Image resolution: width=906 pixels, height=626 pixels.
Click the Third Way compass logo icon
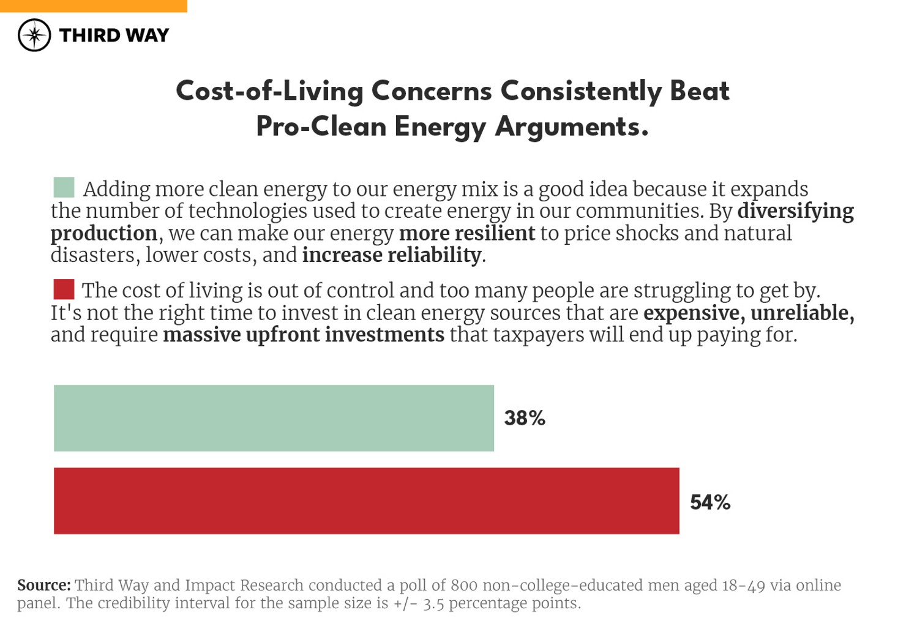[34, 35]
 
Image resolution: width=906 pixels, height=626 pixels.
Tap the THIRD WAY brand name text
[114, 35]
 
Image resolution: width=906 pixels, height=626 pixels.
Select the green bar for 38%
[274, 418]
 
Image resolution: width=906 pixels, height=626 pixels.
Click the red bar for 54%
[366, 501]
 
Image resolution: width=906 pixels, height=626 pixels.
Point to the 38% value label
[525, 418]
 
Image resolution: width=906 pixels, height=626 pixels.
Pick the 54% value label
[710, 502]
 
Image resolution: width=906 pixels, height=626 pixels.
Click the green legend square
[64, 187]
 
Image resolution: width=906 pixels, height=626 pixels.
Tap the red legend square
[64, 289]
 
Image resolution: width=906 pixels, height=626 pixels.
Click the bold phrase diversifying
[795, 211]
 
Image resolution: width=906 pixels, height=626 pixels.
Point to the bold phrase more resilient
[466, 233]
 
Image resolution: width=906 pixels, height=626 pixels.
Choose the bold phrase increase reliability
[392, 255]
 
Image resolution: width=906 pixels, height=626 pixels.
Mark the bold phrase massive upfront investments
[304, 335]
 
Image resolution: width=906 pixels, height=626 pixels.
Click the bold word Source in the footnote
[43, 585]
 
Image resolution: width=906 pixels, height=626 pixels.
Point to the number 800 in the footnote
[463, 585]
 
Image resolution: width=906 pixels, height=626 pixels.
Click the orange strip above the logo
[93, 6]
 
